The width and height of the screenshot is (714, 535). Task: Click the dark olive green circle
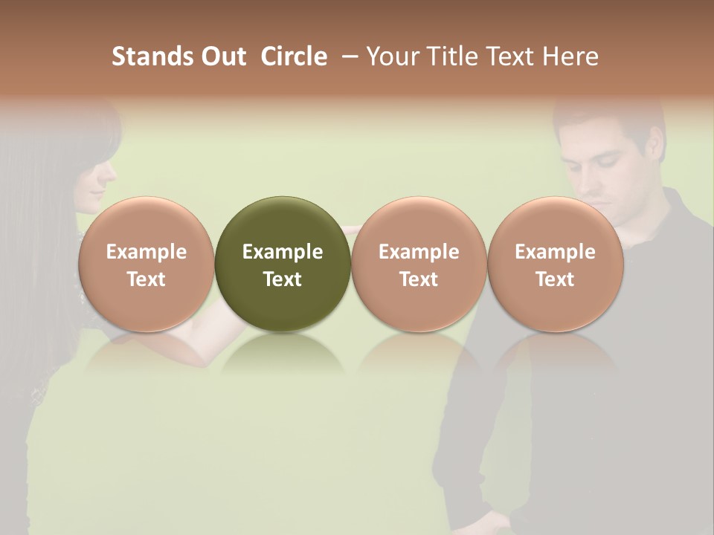click(283, 265)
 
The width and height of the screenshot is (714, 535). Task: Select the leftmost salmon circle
click(147, 265)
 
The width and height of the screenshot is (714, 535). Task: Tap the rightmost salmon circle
click(556, 265)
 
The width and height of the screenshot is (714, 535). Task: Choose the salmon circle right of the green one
click(419, 265)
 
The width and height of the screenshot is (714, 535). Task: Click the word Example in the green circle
click(283, 252)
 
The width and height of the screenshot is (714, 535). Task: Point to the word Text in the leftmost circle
click(147, 279)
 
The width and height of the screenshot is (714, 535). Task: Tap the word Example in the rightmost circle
click(556, 252)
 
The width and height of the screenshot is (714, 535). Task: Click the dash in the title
click(347, 56)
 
